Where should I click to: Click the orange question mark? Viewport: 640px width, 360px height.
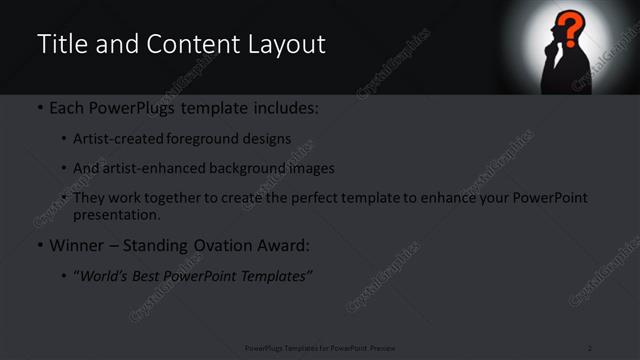(570, 27)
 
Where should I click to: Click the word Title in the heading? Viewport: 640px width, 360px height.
(62, 44)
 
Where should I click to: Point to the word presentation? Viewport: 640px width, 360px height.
(116, 214)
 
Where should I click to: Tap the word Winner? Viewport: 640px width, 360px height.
(75, 244)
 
